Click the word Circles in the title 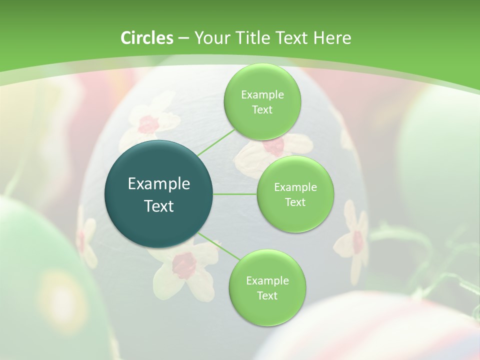point(146,38)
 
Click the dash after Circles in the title point(183,38)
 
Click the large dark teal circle point(159,194)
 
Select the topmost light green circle point(262,102)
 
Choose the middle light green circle point(295,194)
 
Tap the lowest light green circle point(267,287)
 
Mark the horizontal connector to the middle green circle point(235,194)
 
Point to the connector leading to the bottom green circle point(218,245)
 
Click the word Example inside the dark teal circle point(159,184)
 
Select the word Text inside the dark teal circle point(159,206)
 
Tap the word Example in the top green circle point(262,95)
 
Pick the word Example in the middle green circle point(295,187)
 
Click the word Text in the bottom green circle point(267,295)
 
